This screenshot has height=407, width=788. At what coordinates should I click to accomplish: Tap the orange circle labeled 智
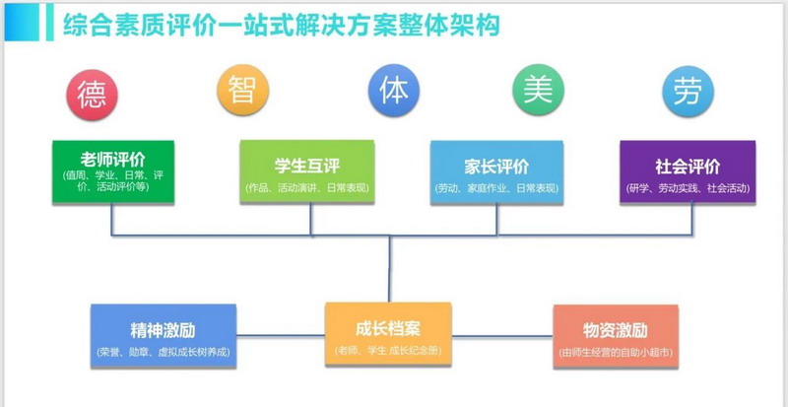click(240, 92)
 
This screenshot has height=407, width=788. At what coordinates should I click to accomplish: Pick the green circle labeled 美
click(538, 92)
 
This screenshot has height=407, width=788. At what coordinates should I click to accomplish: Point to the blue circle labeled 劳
click(687, 92)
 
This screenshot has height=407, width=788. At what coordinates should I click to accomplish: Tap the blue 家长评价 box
click(496, 172)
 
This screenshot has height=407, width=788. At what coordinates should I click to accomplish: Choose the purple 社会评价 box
click(688, 172)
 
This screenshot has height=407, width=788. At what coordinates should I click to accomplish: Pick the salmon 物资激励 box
click(616, 336)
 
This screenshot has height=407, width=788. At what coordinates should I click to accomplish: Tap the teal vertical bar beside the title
click(49, 23)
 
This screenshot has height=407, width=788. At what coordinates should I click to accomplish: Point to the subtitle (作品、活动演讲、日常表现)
click(307, 187)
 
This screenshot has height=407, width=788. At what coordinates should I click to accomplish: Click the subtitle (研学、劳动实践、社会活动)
click(688, 187)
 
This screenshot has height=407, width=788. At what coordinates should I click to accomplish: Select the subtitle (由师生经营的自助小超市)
click(616, 352)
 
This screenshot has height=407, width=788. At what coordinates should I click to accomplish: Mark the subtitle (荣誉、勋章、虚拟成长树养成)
click(164, 352)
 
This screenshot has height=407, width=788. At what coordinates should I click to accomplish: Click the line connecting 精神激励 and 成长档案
click(281, 336)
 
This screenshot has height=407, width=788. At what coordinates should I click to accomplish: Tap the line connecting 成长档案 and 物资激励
click(501, 336)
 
